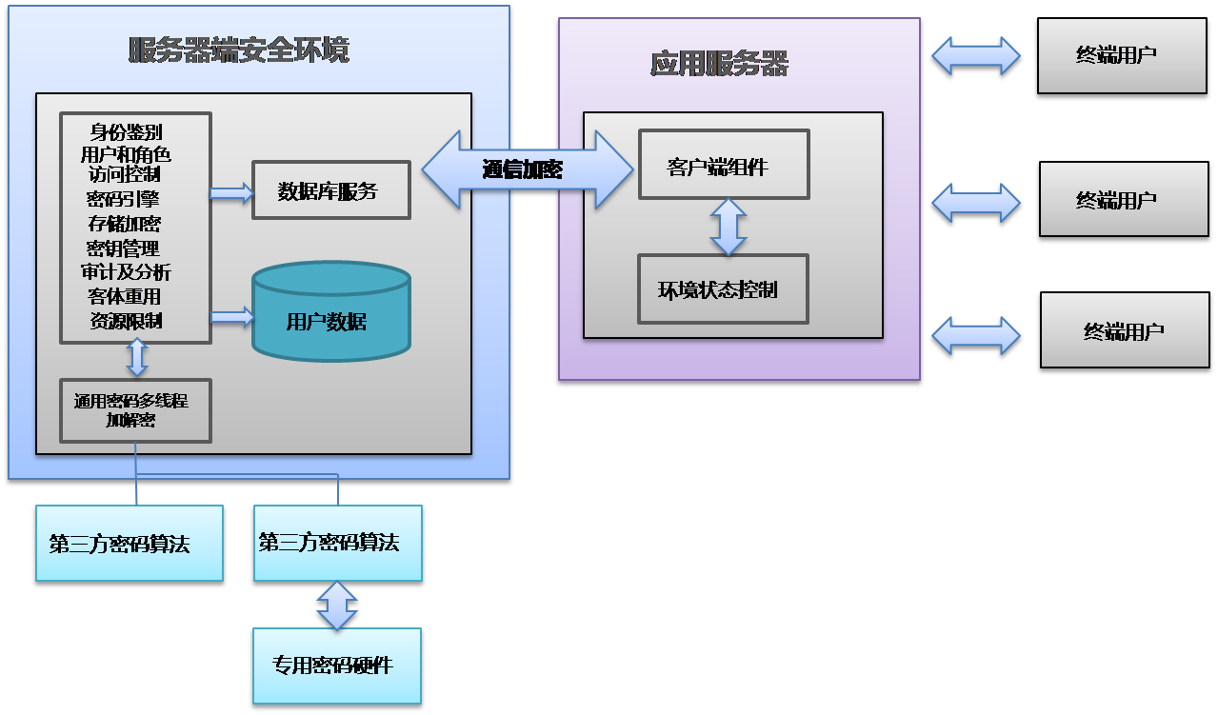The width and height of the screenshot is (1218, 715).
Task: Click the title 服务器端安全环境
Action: [239, 50]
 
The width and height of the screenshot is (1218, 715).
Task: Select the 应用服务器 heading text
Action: [719, 64]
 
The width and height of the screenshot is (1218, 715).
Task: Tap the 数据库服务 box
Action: [330, 190]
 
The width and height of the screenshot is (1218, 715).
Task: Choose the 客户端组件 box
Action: [723, 165]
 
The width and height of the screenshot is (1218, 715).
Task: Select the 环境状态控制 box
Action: [722, 289]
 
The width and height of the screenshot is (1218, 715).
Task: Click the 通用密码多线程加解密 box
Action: [135, 410]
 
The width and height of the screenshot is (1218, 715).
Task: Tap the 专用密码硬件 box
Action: [336, 665]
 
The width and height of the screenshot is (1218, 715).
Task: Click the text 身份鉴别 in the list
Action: [126, 131]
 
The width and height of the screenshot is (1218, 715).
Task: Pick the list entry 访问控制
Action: [124, 175]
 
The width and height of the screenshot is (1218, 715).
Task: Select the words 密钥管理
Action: [124, 248]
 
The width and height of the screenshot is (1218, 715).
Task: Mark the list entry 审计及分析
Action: [126, 272]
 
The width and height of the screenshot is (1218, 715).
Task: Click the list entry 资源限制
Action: [126, 321]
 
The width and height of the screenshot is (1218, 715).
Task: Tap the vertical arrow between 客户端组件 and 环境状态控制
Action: [728, 227]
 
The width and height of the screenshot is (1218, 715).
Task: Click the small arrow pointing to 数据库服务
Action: [231, 194]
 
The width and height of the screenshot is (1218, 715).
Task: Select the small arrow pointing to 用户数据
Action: [231, 317]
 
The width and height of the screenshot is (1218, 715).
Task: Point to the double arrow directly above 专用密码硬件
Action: [337, 606]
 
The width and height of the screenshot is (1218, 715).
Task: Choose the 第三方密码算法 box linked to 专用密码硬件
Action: [337, 544]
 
